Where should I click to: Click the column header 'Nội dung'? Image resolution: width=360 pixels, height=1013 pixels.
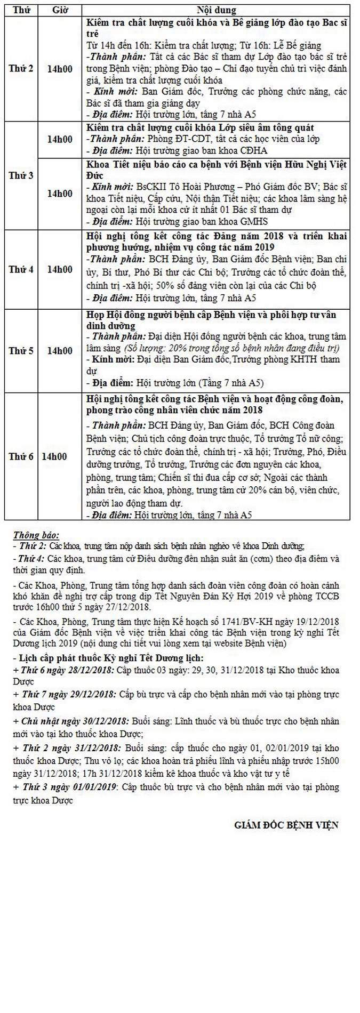point(217,10)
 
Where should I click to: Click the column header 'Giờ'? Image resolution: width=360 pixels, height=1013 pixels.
point(59,10)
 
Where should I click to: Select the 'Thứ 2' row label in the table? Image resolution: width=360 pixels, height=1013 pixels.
point(21,69)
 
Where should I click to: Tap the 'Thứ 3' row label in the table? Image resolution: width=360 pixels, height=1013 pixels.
point(21,176)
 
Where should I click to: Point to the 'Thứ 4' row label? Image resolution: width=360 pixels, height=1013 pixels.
point(21,269)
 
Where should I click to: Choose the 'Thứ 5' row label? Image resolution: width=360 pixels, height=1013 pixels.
point(21,350)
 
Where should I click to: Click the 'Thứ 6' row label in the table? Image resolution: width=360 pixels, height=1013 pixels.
point(21,456)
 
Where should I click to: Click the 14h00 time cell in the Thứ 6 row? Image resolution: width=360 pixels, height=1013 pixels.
point(55,456)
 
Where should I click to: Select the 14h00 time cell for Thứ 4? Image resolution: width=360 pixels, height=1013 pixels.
point(60,269)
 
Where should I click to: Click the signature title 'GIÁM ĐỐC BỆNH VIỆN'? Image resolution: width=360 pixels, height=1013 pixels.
point(286,825)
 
